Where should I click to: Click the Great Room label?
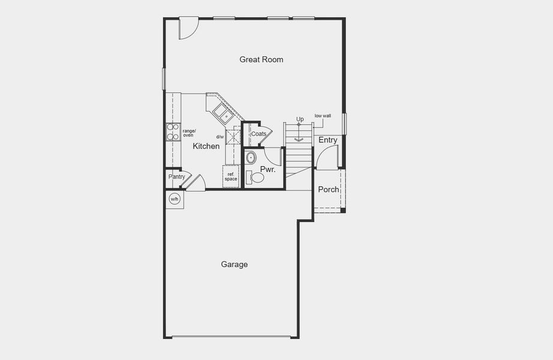tap(261, 59)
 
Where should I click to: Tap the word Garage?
tap(234, 264)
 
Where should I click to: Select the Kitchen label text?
tap(206, 146)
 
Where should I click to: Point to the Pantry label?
tap(176, 176)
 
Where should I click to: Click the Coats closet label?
tap(259, 134)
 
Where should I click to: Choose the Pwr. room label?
tap(268, 170)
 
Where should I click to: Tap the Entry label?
tap(328, 140)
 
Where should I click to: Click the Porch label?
tap(329, 190)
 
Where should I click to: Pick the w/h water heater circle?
tap(175, 199)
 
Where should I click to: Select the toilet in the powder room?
tap(256, 177)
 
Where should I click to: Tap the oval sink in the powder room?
tap(251, 158)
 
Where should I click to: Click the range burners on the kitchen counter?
tap(173, 131)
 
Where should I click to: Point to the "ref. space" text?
tap(231, 176)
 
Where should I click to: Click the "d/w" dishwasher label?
tap(220, 137)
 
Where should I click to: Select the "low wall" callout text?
tap(323, 116)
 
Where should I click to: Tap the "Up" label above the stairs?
tap(300, 119)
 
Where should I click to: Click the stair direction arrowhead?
tap(299, 139)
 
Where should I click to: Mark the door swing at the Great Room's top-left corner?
tap(187, 29)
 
